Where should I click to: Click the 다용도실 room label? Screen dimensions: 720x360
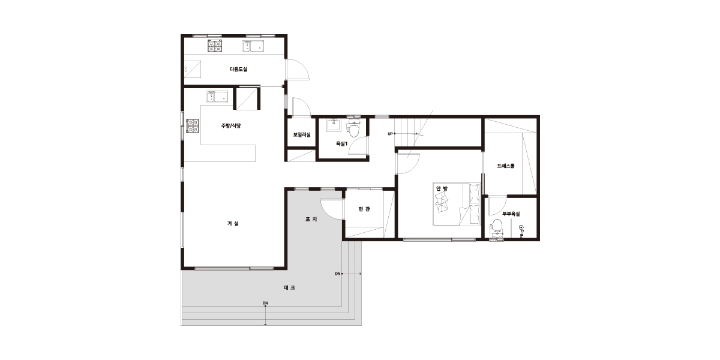click(239, 69)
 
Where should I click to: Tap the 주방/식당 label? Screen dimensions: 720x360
click(231, 125)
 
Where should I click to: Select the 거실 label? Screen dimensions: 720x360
click(233, 223)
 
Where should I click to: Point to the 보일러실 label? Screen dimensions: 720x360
click(302, 134)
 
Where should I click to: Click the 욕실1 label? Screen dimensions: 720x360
click(341, 143)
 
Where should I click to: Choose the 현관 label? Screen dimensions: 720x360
click(364, 209)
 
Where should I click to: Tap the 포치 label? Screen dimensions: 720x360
click(311, 219)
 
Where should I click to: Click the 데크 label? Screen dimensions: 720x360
click(289, 287)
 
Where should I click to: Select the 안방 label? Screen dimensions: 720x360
click(442, 188)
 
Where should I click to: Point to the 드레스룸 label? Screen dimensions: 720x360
click(506, 166)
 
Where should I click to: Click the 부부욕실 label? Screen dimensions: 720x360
click(511, 214)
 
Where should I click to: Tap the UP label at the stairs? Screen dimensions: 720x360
click(390, 134)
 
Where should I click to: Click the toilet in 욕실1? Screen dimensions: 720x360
click(353, 128)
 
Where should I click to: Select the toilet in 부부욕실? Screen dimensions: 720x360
click(497, 227)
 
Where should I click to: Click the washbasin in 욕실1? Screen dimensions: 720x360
click(334, 125)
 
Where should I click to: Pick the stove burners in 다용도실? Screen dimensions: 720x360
click(215, 46)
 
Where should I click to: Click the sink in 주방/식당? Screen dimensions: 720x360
click(217, 97)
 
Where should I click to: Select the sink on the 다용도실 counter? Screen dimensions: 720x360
click(253, 46)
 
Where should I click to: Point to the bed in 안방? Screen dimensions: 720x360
click(457, 205)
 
